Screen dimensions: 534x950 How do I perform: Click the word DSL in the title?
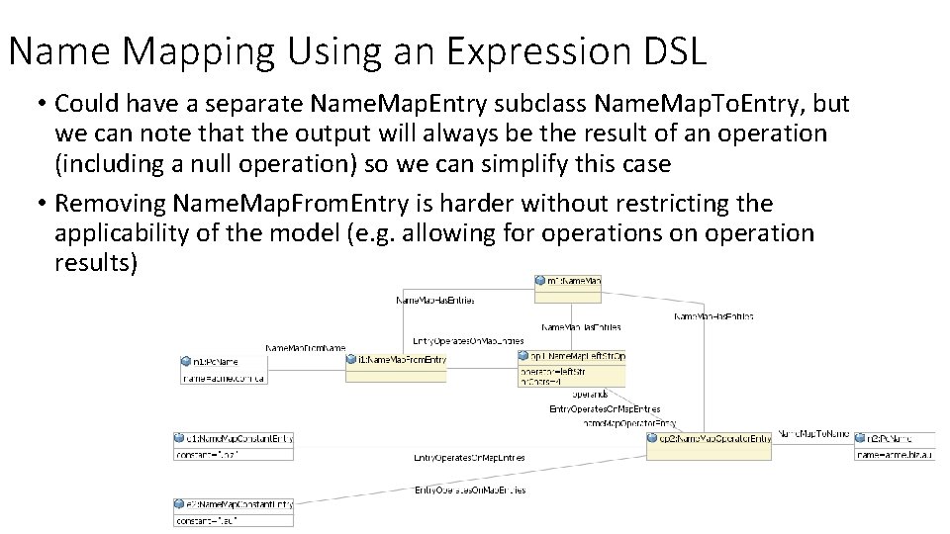678,51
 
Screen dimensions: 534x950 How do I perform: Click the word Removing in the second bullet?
110,204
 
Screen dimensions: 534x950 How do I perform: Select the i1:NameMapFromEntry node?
396,360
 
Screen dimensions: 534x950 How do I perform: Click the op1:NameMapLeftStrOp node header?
572,355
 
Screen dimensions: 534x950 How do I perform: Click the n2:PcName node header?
884,438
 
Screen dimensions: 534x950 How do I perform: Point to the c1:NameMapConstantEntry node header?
234,438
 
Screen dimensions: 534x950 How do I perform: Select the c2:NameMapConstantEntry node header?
234,504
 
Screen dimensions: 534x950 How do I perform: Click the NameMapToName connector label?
812,433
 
